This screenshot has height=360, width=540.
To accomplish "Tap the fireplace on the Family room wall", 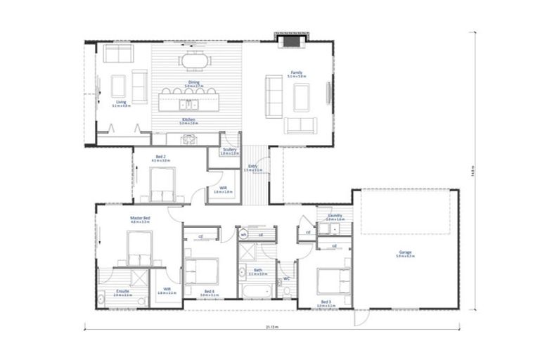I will (x=290, y=40).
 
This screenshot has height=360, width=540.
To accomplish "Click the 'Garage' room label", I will (x=404, y=251).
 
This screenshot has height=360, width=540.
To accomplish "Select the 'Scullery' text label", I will (x=229, y=149).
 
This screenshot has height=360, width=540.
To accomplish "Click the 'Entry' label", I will (x=252, y=167).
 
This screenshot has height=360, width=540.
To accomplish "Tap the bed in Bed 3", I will (x=333, y=281).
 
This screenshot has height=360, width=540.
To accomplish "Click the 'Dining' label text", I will (x=193, y=82).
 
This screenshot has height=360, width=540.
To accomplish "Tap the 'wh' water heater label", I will (x=243, y=234).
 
